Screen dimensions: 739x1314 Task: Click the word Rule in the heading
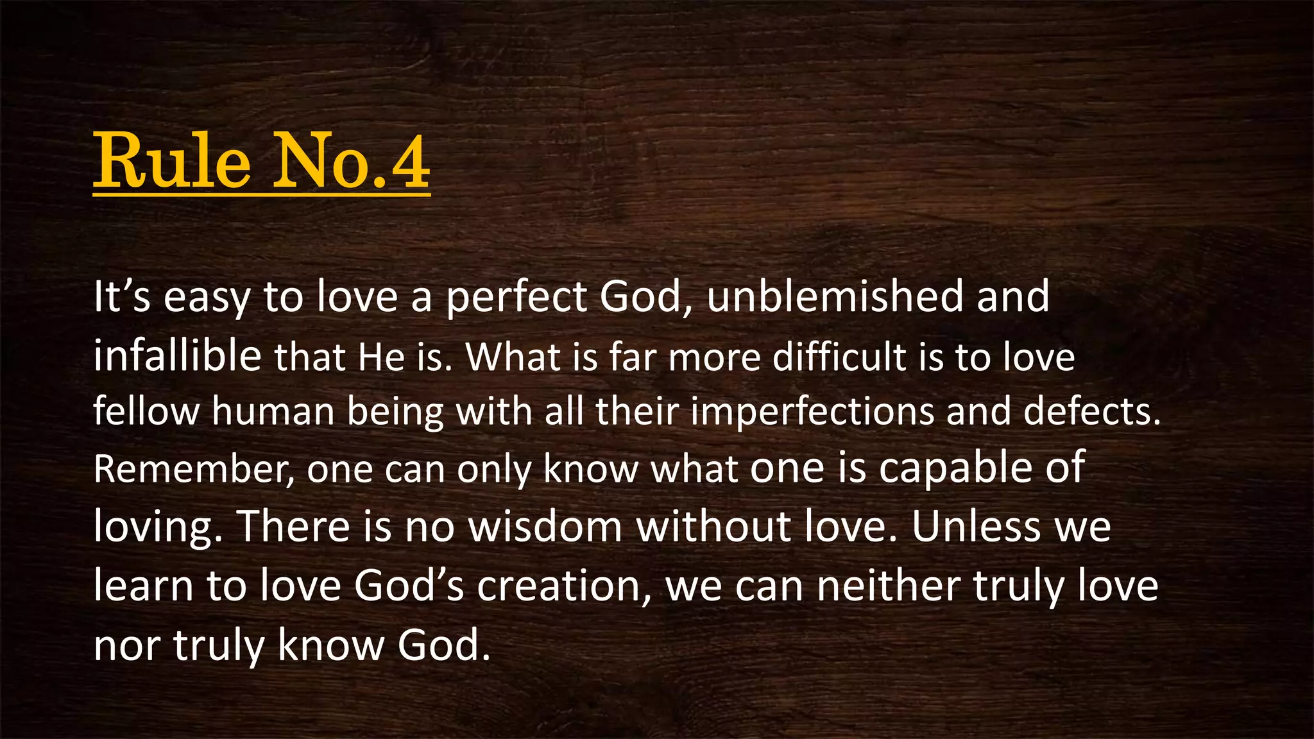(172, 161)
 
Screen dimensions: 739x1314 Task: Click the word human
(273, 411)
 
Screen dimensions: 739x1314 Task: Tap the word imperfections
(812, 412)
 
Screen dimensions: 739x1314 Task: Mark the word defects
(1092, 411)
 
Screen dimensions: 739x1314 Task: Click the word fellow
(146, 411)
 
